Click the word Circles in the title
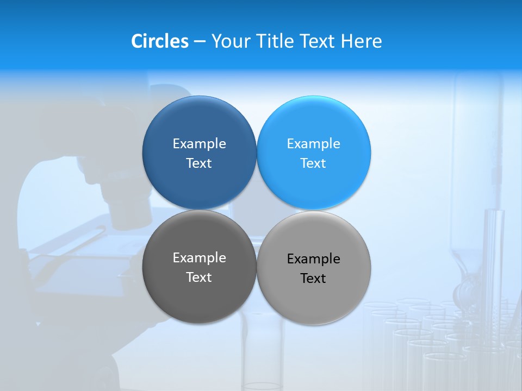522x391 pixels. (160, 41)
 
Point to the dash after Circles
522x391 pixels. (200, 42)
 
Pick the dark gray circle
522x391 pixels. (199, 293)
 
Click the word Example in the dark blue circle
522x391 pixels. (199, 143)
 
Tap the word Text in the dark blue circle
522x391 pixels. (199, 163)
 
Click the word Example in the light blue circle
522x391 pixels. (313, 143)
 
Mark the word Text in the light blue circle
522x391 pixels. (313, 163)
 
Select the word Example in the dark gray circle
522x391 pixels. (199, 257)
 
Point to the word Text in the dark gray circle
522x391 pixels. (199, 277)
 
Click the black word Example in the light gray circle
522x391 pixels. (313, 258)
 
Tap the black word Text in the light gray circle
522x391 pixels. (313, 278)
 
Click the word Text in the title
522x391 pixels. (318, 41)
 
